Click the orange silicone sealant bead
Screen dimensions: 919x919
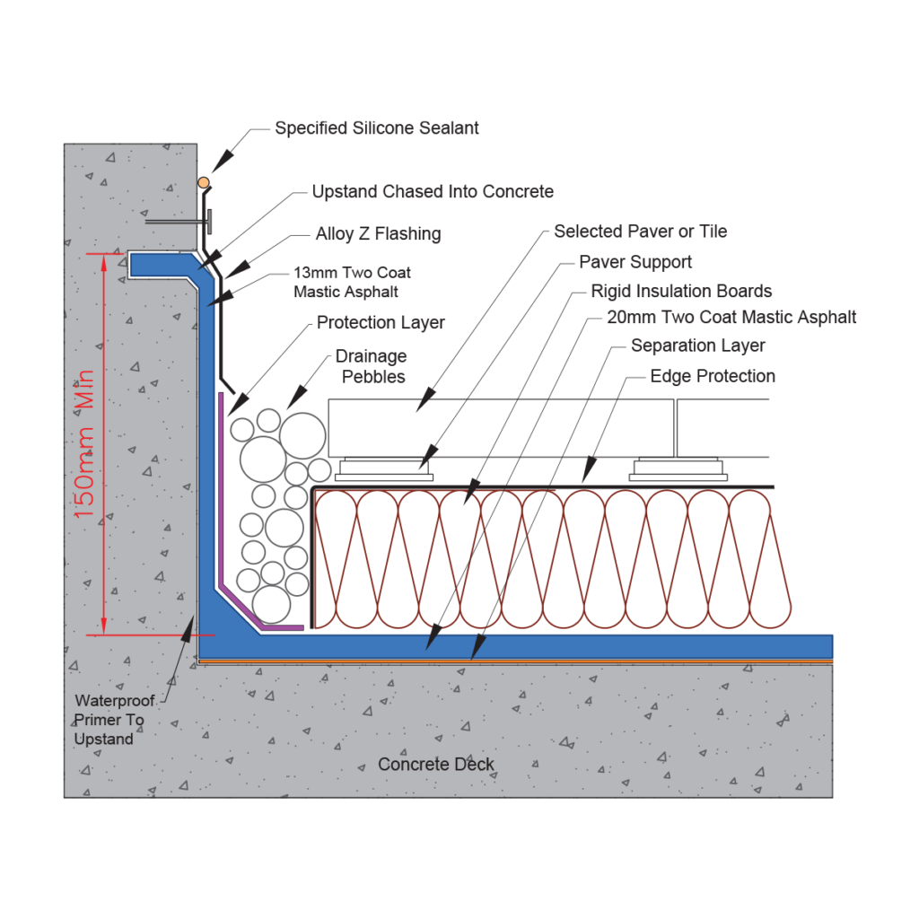tap(204, 183)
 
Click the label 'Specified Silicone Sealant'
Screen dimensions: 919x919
tap(376, 128)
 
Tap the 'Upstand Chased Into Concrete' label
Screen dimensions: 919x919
tap(433, 191)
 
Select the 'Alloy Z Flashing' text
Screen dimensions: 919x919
tap(378, 234)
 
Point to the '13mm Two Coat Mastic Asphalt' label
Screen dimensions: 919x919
tap(352, 282)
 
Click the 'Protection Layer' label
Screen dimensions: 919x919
tap(381, 322)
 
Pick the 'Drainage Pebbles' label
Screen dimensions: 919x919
tap(371, 366)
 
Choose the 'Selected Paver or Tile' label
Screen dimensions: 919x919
tap(640, 232)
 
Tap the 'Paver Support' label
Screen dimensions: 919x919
tap(635, 262)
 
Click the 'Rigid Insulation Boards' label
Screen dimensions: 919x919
tap(681, 291)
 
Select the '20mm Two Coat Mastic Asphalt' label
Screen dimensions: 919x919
tap(731, 317)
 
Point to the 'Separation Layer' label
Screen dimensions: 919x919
tap(697, 346)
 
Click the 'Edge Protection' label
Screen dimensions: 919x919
tap(713, 376)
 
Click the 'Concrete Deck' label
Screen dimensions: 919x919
tap(436, 764)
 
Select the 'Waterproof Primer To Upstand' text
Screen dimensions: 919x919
tap(114, 720)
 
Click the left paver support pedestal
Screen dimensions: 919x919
tap(385, 468)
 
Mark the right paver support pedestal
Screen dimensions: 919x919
tap(678, 468)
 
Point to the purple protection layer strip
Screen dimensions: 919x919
tap(221, 503)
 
